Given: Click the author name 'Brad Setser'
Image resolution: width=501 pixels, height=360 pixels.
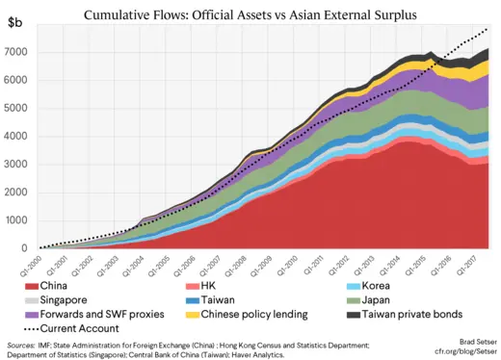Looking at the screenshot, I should coord(470,343).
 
